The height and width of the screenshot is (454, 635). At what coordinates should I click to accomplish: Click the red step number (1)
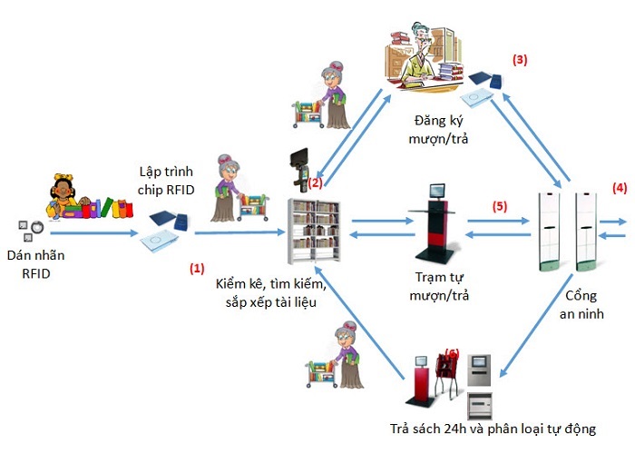(x=196, y=269)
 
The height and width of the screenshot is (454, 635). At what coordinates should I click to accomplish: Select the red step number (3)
(x=520, y=60)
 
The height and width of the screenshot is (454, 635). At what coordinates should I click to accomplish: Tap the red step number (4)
(x=619, y=189)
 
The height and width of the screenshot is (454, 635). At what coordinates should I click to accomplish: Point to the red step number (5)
(x=499, y=206)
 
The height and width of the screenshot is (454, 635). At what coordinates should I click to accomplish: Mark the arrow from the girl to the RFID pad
(x=91, y=233)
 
